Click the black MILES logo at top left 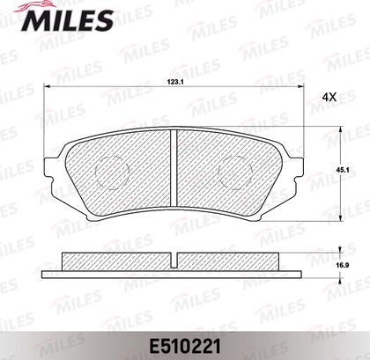[67, 20]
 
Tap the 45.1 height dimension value [342, 169]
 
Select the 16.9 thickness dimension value [342, 266]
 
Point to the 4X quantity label [329, 98]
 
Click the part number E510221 [185, 347]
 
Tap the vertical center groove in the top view [174, 167]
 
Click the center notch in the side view [174, 261]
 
